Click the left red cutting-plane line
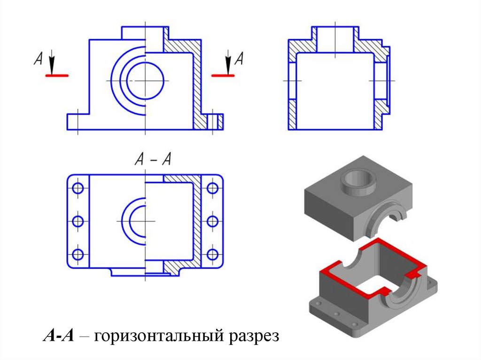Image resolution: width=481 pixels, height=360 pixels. [57, 75]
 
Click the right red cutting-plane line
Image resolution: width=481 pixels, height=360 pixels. [223, 75]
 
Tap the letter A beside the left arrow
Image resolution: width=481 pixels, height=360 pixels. [38, 58]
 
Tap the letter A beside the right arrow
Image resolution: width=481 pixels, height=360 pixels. [239, 58]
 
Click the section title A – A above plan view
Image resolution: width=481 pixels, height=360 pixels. [153, 159]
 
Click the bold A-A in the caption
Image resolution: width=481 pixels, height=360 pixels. [59, 335]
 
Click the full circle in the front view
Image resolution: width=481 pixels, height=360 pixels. [145, 81]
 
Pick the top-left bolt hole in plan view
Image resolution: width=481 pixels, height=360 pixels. [78, 188]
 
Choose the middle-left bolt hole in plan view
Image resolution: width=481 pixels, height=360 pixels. [78, 221]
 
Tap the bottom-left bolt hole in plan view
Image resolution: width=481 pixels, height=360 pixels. [78, 254]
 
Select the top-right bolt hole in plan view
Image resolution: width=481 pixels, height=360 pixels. [212, 188]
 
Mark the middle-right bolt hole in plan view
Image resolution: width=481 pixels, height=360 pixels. [212, 221]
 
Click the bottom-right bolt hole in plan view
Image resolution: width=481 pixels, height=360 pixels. [212, 254]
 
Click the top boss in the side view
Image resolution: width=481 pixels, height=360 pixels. [335, 33]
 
